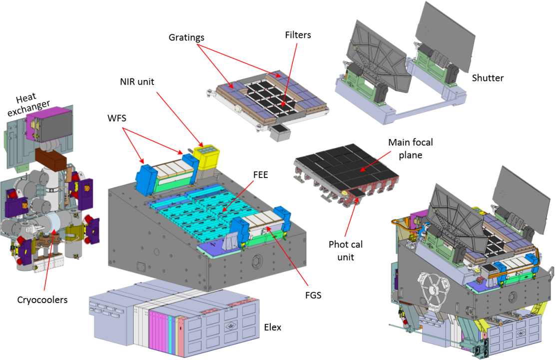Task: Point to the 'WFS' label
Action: coord(117,118)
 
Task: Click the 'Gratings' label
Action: coord(186,37)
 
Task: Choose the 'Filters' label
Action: coord(298,35)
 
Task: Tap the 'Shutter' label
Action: coord(488,78)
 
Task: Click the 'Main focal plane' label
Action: coord(410,148)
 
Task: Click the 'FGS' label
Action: coord(313,295)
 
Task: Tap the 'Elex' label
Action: coord(272,328)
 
